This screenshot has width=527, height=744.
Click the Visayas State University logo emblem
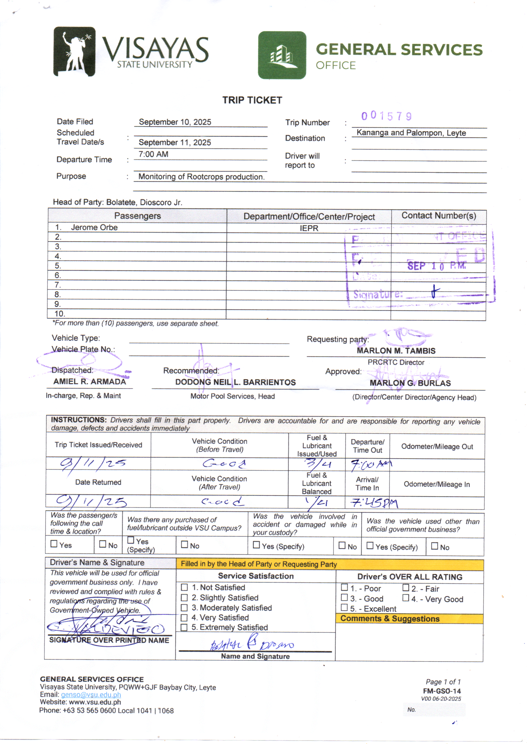tap(75, 51)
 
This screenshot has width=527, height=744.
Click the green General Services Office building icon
tap(282, 55)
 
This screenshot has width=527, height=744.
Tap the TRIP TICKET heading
tap(252, 100)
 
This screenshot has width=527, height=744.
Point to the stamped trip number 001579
tap(386, 116)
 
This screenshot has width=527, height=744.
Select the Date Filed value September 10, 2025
tap(175, 122)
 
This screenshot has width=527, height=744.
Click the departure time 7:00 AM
tap(153, 154)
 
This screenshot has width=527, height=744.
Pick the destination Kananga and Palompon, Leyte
tap(411, 133)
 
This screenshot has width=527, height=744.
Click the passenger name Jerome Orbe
tap(94, 228)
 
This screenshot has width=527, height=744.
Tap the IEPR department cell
tap(309, 228)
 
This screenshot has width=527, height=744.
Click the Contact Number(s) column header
tap(439, 216)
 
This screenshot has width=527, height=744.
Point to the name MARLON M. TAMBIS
tap(396, 351)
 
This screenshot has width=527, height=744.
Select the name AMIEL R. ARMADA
tap(90, 382)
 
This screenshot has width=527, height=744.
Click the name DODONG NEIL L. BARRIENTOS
tap(235, 383)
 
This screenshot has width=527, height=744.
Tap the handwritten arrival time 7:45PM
tap(374, 503)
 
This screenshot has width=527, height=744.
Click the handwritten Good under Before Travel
tap(224, 464)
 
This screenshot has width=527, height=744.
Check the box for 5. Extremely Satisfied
tap(184, 627)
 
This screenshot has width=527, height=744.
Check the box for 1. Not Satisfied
tap(184, 587)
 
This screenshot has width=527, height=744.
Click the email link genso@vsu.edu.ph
tap(91, 695)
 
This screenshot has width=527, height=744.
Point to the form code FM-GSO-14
tap(442, 691)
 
